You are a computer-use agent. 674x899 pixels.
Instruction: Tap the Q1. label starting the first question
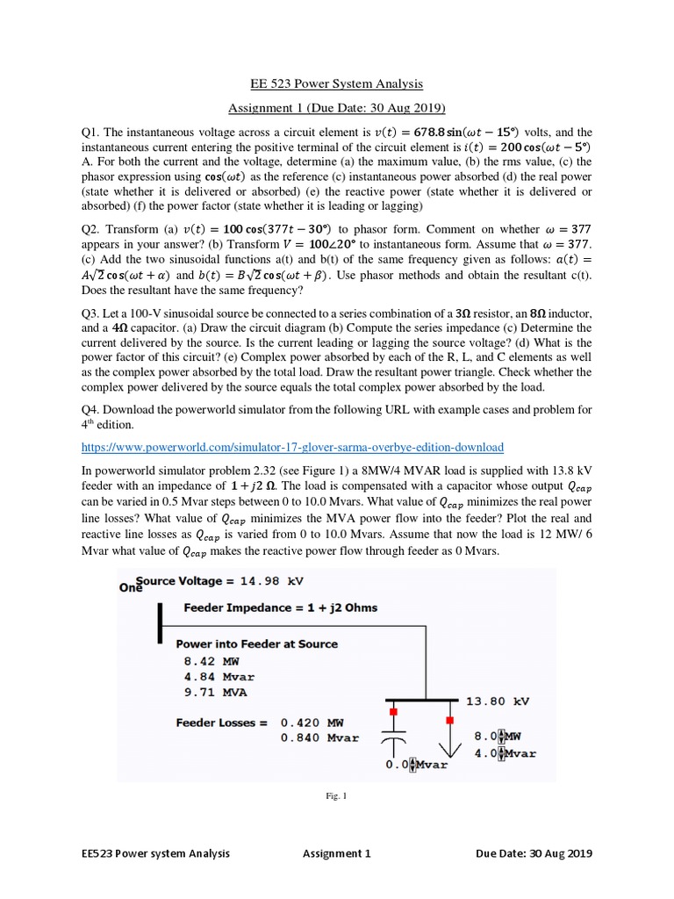click(x=90, y=133)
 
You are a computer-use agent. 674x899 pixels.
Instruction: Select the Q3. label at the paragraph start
click(x=90, y=313)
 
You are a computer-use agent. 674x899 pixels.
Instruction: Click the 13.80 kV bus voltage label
click(x=498, y=701)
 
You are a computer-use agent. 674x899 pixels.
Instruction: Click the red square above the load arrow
click(x=450, y=721)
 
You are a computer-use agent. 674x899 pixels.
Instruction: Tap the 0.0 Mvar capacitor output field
click(x=416, y=764)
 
